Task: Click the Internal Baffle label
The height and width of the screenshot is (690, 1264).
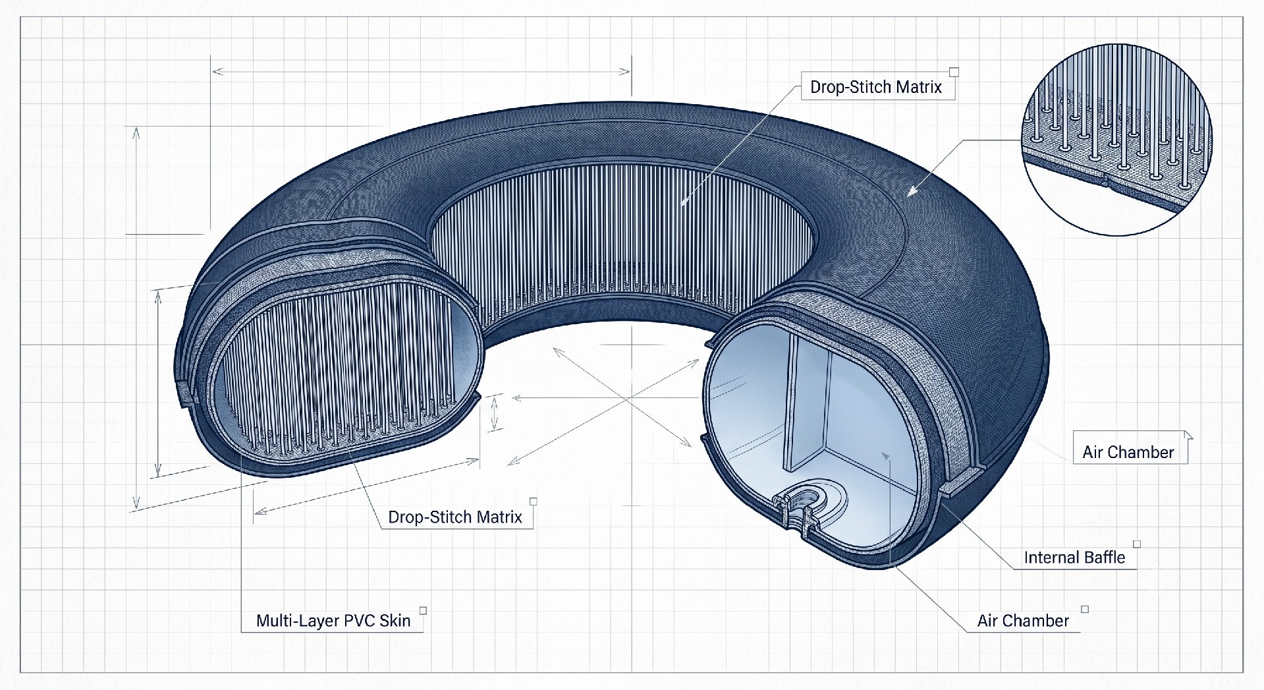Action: click(1074, 558)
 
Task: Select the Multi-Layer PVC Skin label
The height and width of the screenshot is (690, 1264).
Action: click(333, 621)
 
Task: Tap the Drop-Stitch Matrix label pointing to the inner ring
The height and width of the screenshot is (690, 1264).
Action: click(876, 87)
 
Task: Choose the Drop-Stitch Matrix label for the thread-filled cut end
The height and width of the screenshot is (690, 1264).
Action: click(455, 517)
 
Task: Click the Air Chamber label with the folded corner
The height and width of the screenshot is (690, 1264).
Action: click(1128, 452)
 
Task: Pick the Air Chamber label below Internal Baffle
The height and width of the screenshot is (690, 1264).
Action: click(1023, 621)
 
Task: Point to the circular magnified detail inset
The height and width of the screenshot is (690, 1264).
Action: click(1117, 139)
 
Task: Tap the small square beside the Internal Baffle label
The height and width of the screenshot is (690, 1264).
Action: click(1137, 544)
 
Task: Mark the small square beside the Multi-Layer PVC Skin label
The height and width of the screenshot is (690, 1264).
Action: click(424, 610)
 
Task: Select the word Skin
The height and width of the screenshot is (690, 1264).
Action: click(395, 621)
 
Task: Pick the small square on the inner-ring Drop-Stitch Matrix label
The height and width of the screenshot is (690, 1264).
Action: click(954, 72)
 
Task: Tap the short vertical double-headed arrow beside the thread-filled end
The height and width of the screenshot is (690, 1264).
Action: click(495, 414)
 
